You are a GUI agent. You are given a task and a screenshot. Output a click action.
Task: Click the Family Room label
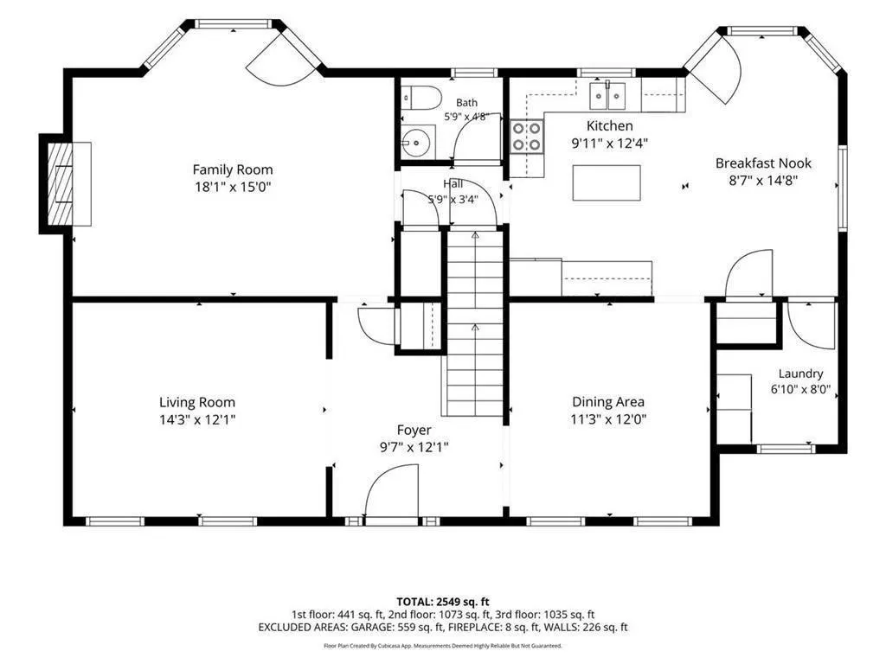coord(233,169)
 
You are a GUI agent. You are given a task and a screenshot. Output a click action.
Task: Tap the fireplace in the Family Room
coord(61,184)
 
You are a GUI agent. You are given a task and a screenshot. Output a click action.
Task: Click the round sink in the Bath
coord(418,142)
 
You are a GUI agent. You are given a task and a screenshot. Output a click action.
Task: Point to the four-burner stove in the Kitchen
coord(527,137)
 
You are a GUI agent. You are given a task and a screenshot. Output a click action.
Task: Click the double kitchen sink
coord(607,96)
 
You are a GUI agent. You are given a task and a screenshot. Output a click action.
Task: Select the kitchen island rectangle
coord(607,183)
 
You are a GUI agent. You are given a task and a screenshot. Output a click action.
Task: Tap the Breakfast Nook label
coord(763,163)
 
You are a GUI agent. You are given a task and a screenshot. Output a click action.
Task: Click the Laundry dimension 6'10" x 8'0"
coord(800,389)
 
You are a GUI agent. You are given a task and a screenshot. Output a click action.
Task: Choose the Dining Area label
coord(608,402)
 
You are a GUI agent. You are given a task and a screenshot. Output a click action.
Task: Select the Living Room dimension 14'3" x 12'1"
coord(197,419)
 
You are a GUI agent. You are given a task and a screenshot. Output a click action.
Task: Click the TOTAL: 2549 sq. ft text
coord(442,602)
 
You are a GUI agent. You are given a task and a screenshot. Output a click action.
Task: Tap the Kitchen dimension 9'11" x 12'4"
coord(610,144)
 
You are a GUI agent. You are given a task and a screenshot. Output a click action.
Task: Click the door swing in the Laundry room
coord(811,326)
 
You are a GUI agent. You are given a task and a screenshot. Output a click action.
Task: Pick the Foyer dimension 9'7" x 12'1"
coord(414,447)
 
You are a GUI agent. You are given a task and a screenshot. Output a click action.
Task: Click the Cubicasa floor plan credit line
coord(442,645)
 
